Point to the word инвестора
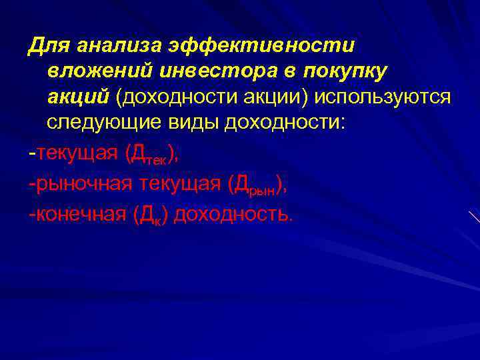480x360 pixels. (219, 71)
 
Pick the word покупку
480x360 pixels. (348, 71)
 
